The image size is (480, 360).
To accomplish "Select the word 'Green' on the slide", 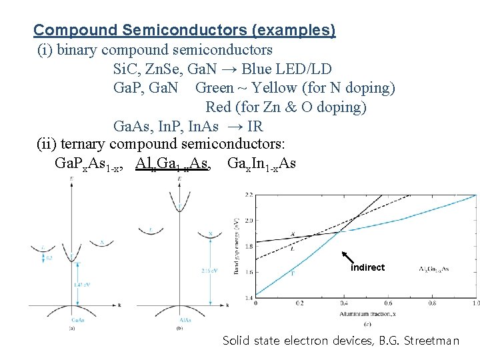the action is coord(214,88).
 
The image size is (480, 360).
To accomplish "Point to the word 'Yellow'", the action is coord(275,88).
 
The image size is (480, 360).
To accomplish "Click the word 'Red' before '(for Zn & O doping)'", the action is coord(218,107).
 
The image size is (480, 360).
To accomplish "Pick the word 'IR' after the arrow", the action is coord(255,126).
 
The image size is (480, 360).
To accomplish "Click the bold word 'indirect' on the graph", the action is coord(367,267).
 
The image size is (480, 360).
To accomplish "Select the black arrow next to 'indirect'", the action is coord(348,258).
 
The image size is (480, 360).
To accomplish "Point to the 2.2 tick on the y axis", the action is coord(248,194).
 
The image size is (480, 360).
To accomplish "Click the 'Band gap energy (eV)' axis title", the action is coord(237,245).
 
